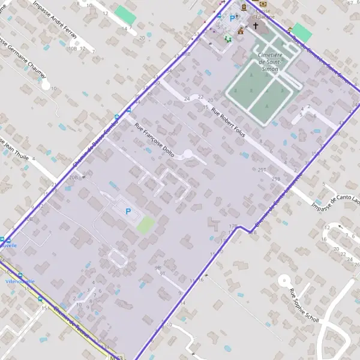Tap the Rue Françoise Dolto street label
154,140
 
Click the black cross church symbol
255,26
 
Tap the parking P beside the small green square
127,211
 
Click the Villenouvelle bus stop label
20,281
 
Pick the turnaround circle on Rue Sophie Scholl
284,279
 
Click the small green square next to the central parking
145,226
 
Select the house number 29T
262,170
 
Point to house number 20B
74,178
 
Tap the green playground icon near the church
227,38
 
